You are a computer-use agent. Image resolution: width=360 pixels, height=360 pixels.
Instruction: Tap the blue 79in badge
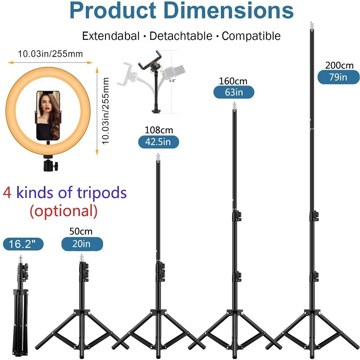338,77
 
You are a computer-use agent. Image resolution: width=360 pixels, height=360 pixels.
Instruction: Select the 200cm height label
339,65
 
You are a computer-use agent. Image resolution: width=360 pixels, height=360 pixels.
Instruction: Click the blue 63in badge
234,92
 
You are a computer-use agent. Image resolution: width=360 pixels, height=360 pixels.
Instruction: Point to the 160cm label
233,81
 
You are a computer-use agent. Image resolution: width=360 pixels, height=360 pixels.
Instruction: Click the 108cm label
159,130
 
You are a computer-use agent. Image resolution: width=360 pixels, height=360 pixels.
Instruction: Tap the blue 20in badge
82,244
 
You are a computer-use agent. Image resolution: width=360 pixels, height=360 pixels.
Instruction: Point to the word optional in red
64,211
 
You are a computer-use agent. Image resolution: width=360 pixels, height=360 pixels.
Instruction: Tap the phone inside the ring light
48,114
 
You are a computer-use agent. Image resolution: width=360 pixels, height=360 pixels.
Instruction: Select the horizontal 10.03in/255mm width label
50,54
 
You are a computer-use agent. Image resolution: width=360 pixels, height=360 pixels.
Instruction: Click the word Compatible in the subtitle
251,36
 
